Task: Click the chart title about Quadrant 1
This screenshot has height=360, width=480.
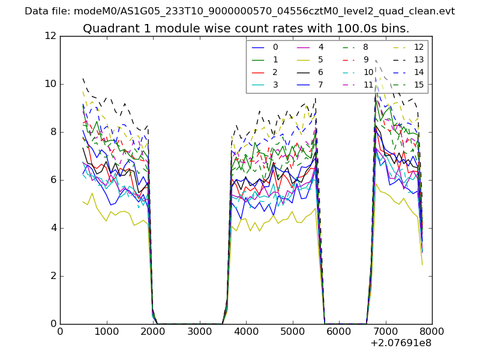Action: click(246, 29)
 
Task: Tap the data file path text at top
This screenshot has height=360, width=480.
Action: click(239, 11)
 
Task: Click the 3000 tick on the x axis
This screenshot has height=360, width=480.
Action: click(199, 331)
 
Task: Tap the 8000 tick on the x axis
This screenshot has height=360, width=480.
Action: click(432, 331)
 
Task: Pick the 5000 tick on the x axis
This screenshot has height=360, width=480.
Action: click(292, 331)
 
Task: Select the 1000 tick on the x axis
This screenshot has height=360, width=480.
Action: click(106, 331)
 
